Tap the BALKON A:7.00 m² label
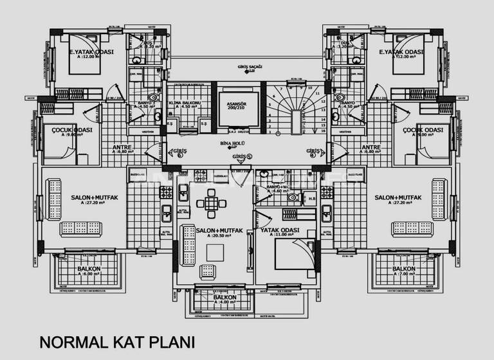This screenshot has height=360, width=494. pos(403,271)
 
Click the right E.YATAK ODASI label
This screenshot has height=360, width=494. pos(401,54)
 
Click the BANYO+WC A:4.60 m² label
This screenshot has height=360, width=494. pos(279,189)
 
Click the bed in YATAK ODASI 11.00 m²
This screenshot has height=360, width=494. pos(290,259)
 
